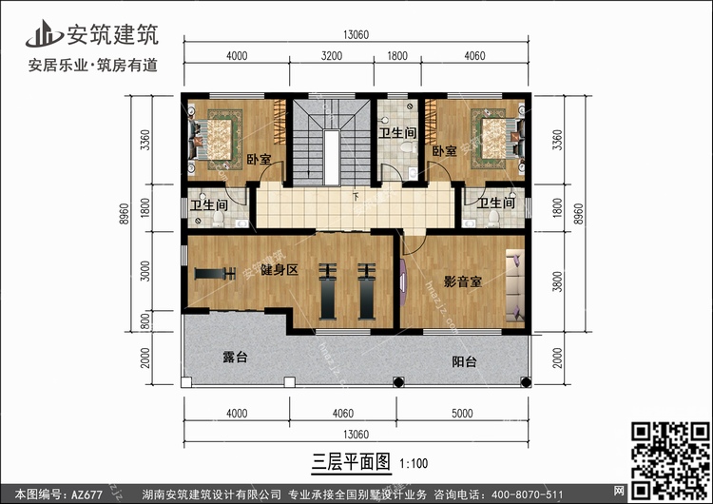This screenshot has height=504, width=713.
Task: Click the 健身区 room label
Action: [x=279, y=270]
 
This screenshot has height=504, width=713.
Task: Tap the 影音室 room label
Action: [x=462, y=281]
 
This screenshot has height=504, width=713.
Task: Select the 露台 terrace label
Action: [x=235, y=357]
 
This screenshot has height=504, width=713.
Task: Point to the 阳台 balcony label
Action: [x=464, y=361]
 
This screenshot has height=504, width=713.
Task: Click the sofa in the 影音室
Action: [x=515, y=287]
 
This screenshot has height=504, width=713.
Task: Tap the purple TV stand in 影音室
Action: [x=403, y=282]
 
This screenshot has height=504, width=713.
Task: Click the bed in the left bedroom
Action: [x=214, y=140]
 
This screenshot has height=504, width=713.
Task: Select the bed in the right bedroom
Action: [x=498, y=139]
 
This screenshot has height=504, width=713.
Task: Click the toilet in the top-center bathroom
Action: [x=409, y=147]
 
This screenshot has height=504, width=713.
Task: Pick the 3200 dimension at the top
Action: [x=332, y=56]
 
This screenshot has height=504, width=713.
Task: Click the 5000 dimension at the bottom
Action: [x=462, y=413]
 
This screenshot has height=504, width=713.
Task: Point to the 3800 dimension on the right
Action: [x=557, y=281]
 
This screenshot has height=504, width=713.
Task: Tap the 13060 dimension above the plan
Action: [x=356, y=35]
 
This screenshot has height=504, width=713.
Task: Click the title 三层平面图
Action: [x=351, y=462]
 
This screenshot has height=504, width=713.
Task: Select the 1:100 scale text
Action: [x=414, y=463]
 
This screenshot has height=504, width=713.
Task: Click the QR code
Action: [x=670, y=460]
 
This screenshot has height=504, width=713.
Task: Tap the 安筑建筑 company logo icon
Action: [x=44, y=33]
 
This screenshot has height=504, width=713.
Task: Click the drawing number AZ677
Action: [x=87, y=494]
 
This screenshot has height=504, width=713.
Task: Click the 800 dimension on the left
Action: [x=145, y=321]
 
